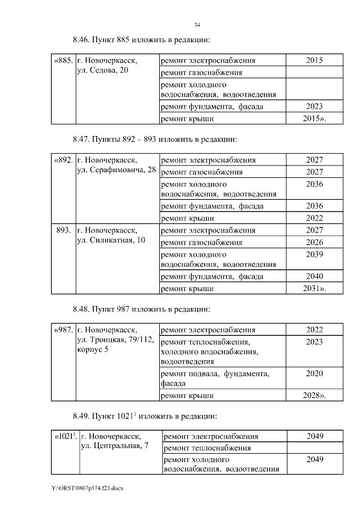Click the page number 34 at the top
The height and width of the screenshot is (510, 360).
pos(197,25)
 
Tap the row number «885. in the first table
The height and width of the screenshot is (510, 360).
pos(63,60)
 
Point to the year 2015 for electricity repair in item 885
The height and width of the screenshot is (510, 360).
pos(314,60)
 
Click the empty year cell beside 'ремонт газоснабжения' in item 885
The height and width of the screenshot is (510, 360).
pos(314,73)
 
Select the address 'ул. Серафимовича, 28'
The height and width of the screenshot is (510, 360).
pos(116,170)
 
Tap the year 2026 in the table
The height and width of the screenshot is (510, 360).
pos(314,243)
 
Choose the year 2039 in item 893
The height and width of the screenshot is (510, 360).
pos(314,254)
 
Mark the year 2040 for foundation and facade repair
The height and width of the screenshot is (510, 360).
pos(314,276)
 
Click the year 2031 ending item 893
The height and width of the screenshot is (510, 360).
pos(313,289)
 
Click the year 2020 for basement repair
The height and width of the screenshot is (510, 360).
pos(314,373)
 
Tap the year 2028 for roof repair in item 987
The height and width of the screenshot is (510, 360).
pos(313,396)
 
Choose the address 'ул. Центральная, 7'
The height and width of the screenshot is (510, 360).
pos(115,446)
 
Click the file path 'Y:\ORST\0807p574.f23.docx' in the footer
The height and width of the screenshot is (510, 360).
pos(87,487)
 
